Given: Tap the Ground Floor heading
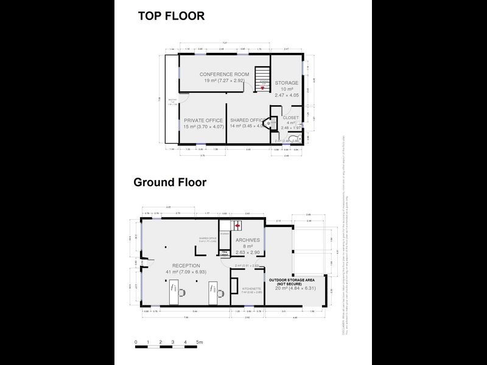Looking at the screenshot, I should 170,182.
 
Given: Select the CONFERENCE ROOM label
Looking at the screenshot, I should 225,74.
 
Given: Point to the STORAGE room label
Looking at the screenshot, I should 286,83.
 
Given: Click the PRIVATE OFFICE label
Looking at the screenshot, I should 203,120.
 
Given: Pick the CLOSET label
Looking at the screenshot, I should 290,117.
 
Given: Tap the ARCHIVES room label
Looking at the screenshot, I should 248,240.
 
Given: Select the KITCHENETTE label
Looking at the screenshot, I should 251,289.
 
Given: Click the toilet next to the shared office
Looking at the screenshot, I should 274,122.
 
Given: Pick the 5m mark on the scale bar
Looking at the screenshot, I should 199,344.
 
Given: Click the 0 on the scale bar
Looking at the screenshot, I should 136,344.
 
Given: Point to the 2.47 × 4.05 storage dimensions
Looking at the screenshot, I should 286,96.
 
